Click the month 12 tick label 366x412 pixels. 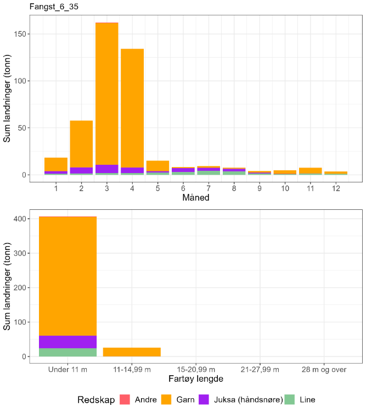[x=336, y=188]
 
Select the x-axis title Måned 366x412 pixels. [x=196, y=198]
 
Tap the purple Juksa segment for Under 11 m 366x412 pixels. [x=67, y=342]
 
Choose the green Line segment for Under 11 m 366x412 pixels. [x=67, y=352]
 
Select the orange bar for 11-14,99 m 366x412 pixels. [x=132, y=352]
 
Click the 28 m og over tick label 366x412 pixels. [x=324, y=369]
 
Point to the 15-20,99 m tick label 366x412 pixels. [x=196, y=369]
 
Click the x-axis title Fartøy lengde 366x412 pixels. [x=196, y=379]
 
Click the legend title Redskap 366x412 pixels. [x=96, y=400]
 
